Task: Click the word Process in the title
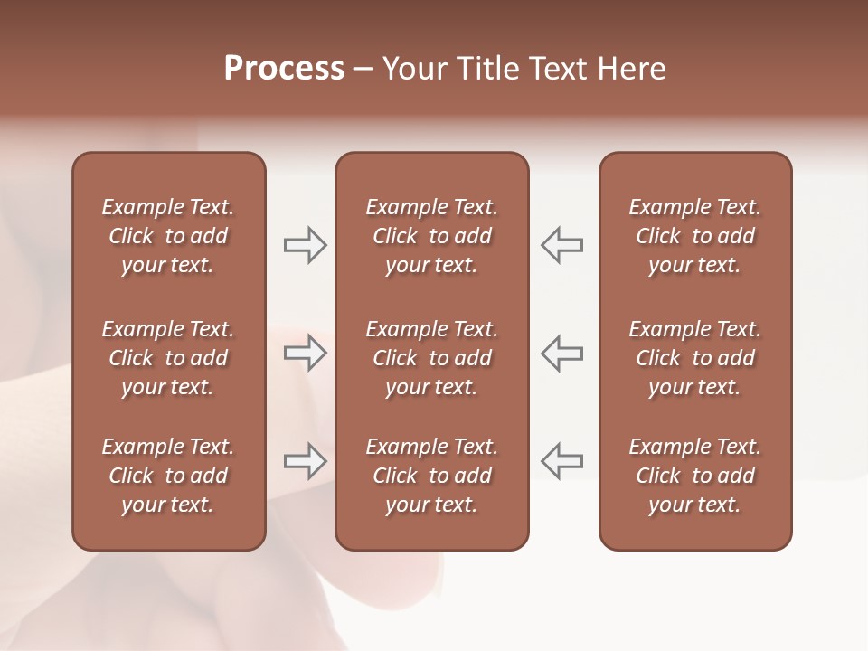[284, 69]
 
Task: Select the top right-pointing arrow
[305, 245]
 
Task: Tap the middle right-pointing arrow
[305, 353]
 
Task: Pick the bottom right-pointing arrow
[305, 461]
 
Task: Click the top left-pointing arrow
[561, 245]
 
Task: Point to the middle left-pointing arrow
[561, 353]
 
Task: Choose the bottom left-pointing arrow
[561, 461]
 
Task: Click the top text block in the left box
[168, 236]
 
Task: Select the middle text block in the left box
[168, 358]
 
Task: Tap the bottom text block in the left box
[168, 476]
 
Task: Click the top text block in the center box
[431, 236]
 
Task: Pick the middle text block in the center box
[431, 358]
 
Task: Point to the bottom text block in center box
[431, 476]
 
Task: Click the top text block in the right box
[694, 236]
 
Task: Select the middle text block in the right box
[694, 358]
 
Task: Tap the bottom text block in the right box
[694, 476]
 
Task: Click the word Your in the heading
[414, 69]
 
